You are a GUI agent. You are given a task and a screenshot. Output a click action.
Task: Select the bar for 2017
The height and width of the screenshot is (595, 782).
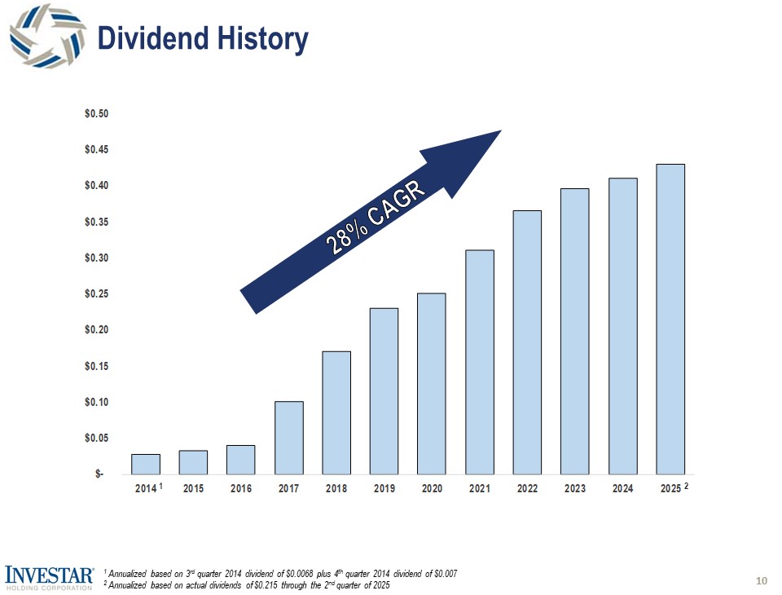point(289,437)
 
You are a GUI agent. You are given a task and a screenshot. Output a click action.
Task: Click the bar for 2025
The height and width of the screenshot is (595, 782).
point(670,319)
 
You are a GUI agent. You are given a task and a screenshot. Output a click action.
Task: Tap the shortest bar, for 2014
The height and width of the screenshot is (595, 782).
point(146,464)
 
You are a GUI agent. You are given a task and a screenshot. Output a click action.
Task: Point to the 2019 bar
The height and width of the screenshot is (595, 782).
point(384,390)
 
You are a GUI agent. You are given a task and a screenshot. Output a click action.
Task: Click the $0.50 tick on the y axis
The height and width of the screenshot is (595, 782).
point(95,113)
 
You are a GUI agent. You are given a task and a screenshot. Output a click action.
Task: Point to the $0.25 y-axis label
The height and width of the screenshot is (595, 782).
point(95,293)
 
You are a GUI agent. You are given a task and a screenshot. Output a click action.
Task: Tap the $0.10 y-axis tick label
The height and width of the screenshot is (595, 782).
point(95,402)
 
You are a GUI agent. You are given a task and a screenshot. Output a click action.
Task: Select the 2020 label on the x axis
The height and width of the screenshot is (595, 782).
point(432,488)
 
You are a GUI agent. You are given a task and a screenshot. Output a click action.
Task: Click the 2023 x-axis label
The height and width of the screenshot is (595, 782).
point(575,488)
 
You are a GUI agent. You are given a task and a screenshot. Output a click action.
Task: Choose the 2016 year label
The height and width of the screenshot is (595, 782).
point(241,488)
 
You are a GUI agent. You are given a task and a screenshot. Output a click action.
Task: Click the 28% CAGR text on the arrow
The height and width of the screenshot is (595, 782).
point(377,218)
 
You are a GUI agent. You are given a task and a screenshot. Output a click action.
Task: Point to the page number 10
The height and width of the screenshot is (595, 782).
point(762,580)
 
